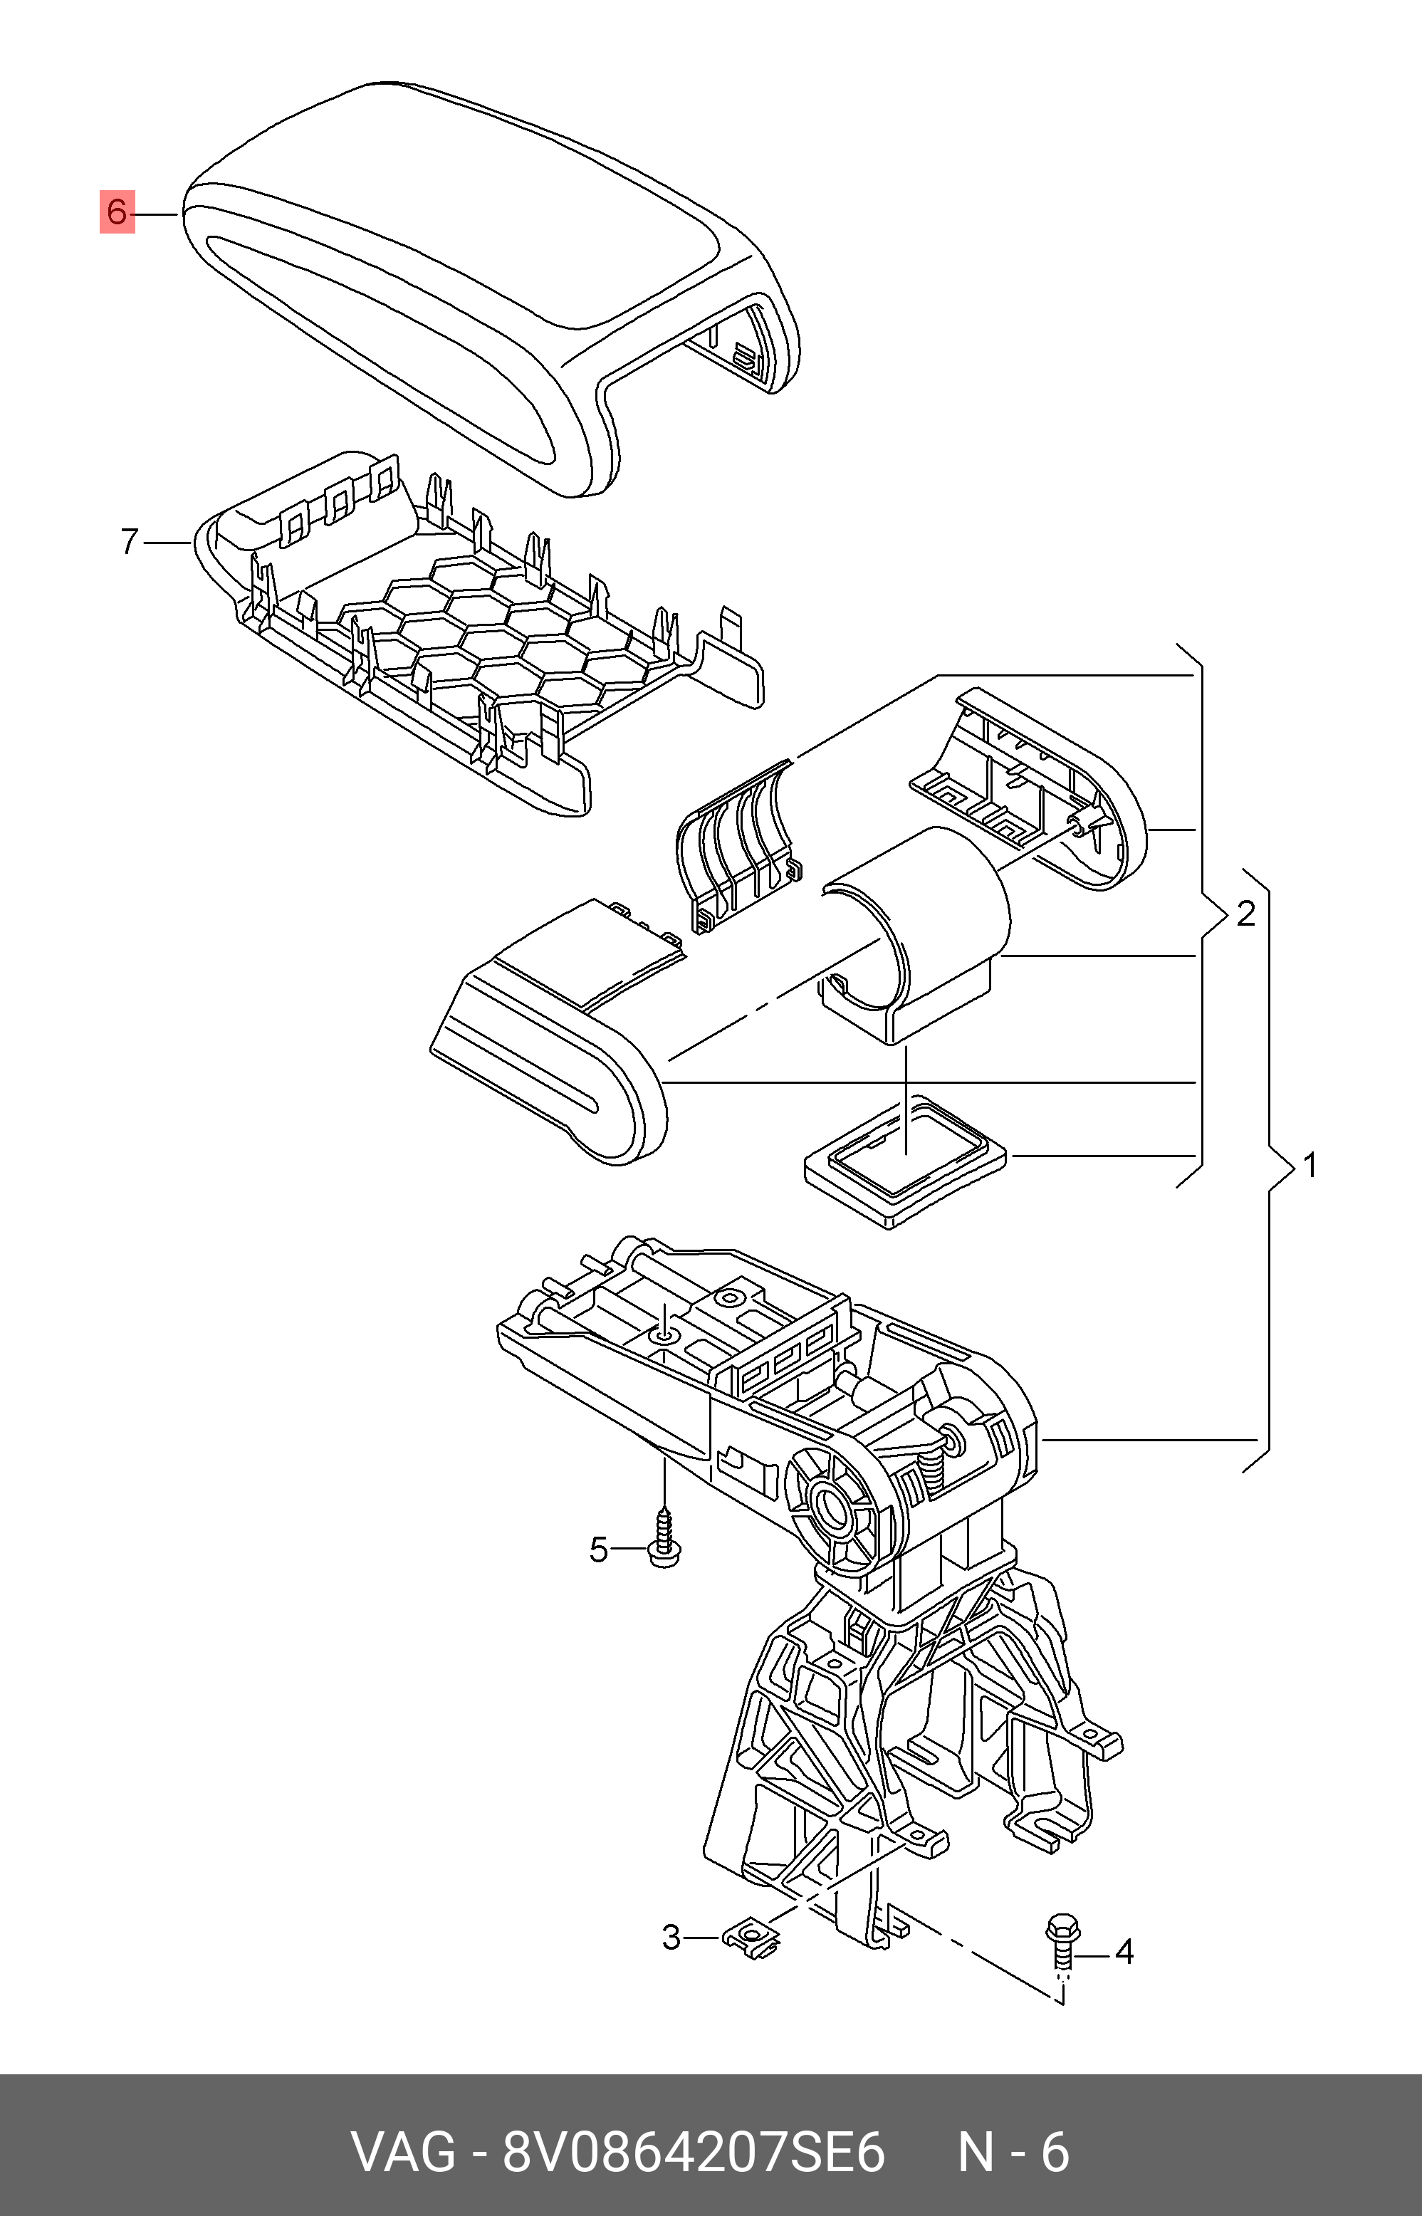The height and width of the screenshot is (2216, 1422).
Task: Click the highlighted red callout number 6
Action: (116, 212)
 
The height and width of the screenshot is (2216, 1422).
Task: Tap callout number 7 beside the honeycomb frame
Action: (130, 542)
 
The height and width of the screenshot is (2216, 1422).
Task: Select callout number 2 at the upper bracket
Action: (1245, 914)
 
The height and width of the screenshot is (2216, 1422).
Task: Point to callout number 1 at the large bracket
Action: (1310, 1166)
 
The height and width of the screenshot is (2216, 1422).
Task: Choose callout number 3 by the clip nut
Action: (671, 1937)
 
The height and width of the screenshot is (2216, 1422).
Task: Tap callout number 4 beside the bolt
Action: (1124, 1951)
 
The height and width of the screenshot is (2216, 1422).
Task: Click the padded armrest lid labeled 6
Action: (489, 286)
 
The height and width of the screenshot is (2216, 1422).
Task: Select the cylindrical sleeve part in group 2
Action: (914, 933)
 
